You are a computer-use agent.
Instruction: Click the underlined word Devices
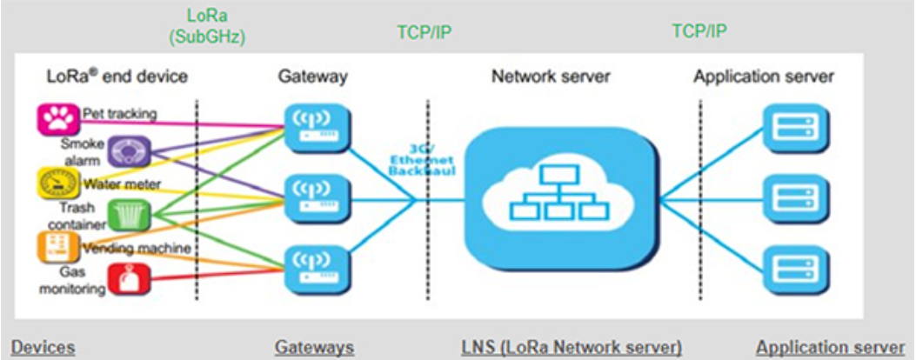coord(43,347)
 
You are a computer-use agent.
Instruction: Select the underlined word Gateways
coord(314,347)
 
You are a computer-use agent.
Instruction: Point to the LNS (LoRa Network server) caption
coord(572,347)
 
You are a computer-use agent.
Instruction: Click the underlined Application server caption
coord(830,347)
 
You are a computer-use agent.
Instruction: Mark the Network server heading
coord(551,77)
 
